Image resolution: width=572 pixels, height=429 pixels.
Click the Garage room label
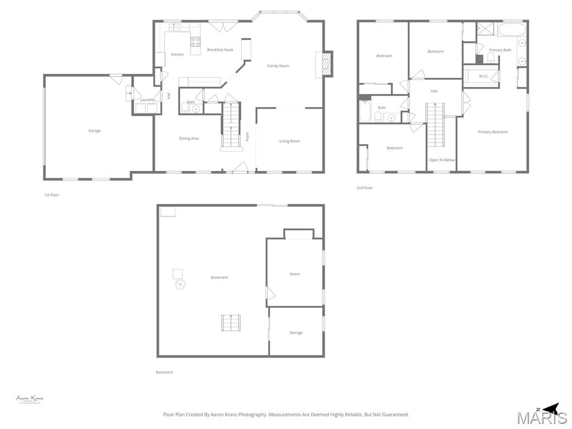coord(94,131)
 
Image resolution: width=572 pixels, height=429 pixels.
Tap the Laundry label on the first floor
coord(147,100)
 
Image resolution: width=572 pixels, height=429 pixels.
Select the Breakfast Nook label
coord(220,50)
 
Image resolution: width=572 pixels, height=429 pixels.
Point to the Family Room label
coord(278,66)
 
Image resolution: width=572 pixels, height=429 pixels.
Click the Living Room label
coord(289,141)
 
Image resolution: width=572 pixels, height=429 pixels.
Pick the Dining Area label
coord(189,139)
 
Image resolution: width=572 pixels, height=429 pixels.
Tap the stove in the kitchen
coord(195,41)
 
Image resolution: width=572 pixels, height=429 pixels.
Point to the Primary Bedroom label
coord(493,132)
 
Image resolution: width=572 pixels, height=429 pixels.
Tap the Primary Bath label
coord(500,50)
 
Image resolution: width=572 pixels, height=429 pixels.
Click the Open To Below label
coord(442,160)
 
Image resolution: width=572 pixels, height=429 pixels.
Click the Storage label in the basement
coord(296,333)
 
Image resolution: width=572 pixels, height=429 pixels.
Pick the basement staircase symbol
coord(230,323)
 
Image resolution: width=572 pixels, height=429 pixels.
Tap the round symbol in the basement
coord(180,285)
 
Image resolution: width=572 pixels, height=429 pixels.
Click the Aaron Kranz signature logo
coord(30,399)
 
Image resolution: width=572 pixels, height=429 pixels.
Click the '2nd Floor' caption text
coord(365,188)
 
